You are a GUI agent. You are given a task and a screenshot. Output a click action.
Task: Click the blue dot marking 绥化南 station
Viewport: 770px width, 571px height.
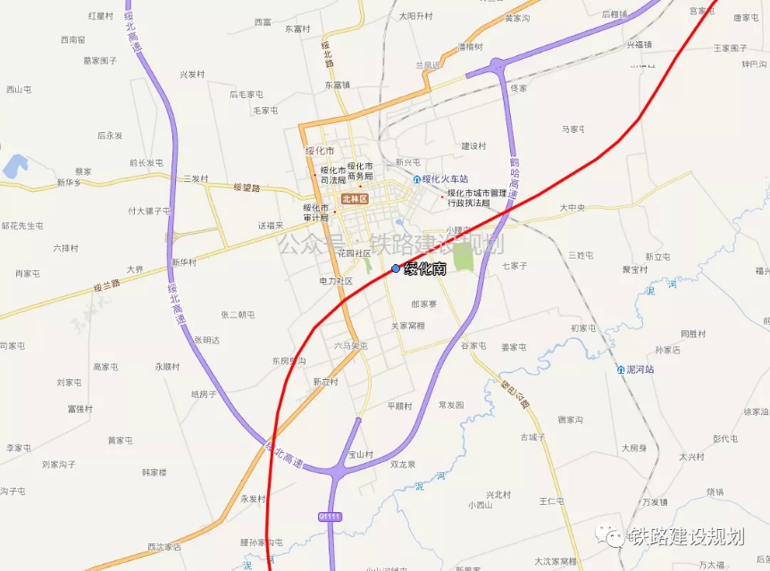(x=396, y=269)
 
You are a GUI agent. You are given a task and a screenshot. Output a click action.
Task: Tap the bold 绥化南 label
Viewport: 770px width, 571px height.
(x=425, y=269)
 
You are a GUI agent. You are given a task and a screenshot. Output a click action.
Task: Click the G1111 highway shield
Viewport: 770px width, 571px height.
(x=330, y=517)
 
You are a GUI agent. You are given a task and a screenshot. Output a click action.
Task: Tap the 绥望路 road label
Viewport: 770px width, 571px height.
(x=247, y=187)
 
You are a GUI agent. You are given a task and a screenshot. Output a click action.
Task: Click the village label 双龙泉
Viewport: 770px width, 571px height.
(x=403, y=464)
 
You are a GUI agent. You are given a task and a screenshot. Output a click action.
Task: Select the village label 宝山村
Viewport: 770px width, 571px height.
(x=360, y=454)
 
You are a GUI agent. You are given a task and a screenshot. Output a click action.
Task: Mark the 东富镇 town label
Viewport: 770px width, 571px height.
(x=337, y=85)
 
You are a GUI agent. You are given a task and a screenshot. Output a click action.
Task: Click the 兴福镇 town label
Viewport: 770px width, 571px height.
(x=639, y=44)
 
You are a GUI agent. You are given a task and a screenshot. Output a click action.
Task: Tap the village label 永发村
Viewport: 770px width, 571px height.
(x=253, y=499)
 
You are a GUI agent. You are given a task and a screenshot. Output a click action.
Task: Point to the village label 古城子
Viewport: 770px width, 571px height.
(x=532, y=437)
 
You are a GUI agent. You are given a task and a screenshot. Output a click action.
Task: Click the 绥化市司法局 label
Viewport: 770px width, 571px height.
(x=332, y=174)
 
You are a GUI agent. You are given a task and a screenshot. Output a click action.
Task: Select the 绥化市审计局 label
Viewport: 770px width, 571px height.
(x=316, y=212)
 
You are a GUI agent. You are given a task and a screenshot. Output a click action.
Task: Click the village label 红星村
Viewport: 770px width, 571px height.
(x=101, y=16)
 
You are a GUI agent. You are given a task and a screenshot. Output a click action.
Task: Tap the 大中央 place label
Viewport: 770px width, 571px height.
(x=572, y=208)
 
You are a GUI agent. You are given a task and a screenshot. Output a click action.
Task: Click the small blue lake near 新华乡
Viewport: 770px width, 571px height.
(x=15, y=166)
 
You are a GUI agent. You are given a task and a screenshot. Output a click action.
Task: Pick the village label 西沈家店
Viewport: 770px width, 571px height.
(x=164, y=547)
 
